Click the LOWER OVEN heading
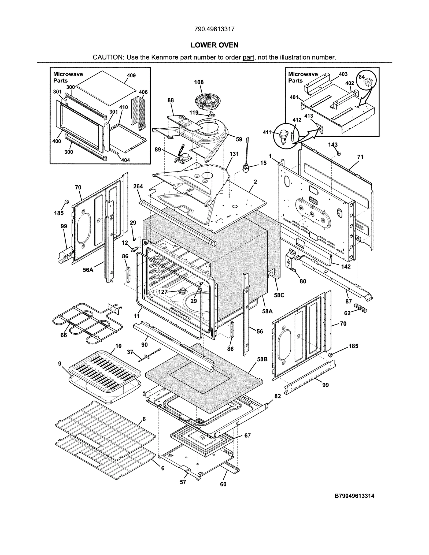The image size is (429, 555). click(214, 45)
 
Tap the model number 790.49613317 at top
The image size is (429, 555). click(214, 29)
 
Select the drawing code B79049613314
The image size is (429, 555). click(354, 496)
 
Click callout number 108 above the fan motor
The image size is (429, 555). click(199, 82)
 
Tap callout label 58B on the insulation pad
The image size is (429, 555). click(262, 359)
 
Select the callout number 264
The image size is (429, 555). click(138, 186)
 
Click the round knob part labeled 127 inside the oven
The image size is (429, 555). click(183, 290)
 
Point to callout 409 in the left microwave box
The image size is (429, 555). click(131, 76)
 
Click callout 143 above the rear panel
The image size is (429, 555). click(333, 145)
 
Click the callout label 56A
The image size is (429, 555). click(88, 270)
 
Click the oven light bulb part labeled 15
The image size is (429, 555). click(246, 169)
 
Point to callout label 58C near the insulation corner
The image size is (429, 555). click(279, 295)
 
